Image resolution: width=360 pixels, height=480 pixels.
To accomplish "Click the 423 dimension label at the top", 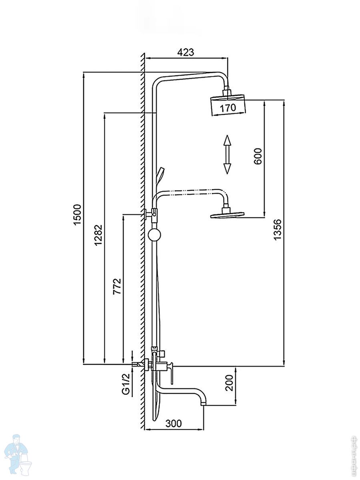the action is click(185, 52).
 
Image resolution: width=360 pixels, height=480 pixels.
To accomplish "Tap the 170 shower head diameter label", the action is click(228, 108).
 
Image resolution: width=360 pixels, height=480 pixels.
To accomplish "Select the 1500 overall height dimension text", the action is click(77, 214).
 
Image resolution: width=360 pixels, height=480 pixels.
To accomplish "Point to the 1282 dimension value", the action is click(98, 235).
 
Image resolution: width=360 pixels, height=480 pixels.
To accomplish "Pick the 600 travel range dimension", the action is click(258, 156).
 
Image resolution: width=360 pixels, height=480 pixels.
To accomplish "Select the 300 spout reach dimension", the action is click(174, 423).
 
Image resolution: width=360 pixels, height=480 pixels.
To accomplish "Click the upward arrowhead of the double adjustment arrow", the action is click(227, 141).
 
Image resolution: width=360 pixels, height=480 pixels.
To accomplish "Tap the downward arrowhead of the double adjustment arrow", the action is click(227, 168).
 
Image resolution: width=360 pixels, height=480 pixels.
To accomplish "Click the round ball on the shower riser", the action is click(154, 235).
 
